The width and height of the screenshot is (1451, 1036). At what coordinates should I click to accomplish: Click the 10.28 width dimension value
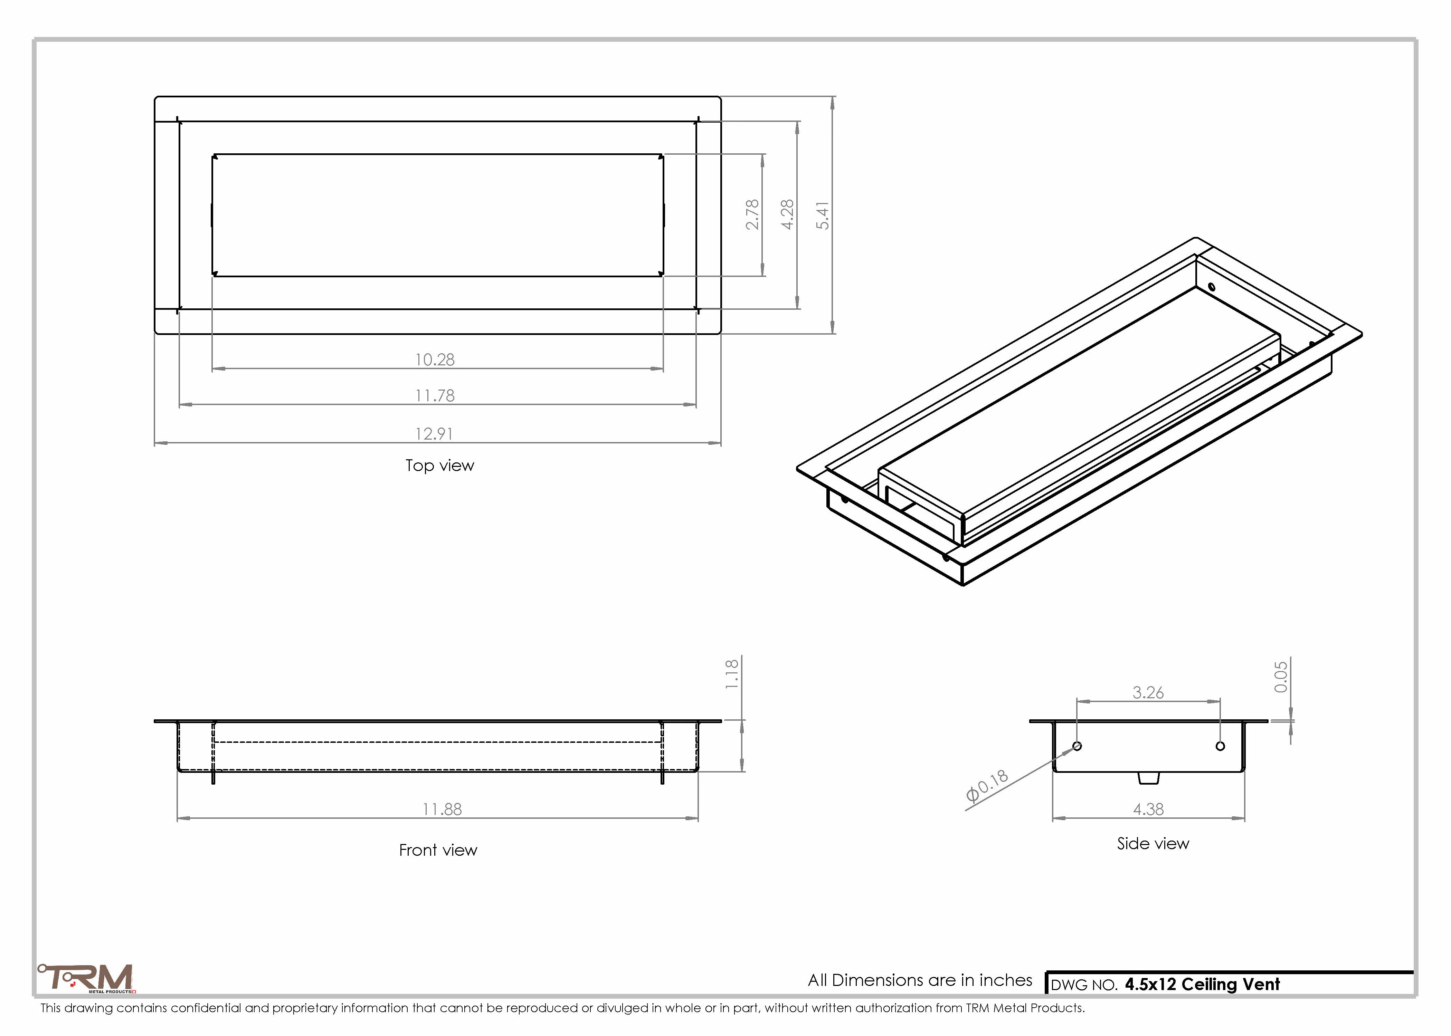(x=435, y=360)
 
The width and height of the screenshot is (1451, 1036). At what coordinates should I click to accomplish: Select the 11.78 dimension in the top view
(x=435, y=395)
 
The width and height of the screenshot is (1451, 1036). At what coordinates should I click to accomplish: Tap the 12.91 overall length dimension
(x=435, y=434)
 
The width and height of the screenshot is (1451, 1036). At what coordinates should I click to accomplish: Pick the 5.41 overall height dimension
(x=823, y=215)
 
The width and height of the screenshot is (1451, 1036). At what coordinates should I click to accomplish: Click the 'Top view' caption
(x=440, y=466)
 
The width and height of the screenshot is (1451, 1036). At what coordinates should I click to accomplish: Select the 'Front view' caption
(x=438, y=850)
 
